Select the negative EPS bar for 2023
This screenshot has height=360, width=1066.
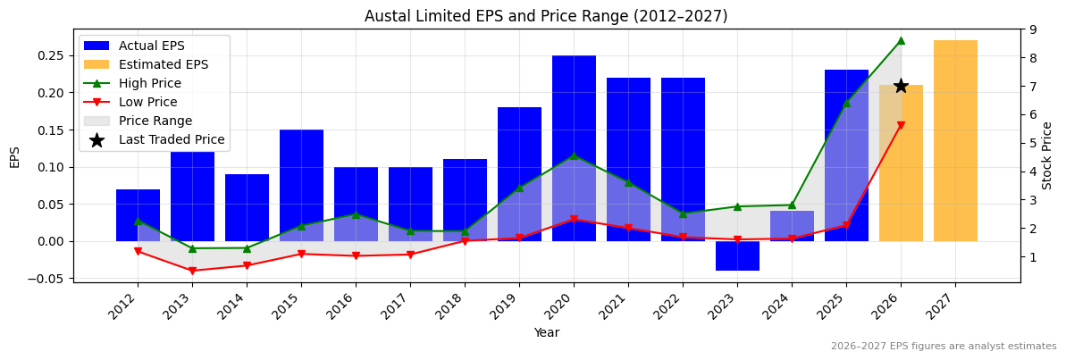coord(737,255)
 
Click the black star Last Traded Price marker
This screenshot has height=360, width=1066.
coord(901,86)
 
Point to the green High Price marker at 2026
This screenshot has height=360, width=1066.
coord(901,40)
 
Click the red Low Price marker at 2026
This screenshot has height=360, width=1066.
coord(901,126)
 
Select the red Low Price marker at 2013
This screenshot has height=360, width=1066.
coord(192,271)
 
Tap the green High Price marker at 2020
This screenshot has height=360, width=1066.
coord(574,156)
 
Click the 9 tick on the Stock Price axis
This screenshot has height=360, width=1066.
coord(1033,29)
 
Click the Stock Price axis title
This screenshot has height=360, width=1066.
coord(1047,155)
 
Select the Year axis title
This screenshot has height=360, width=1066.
coord(546,332)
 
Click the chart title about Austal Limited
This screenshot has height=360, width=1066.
coord(546,16)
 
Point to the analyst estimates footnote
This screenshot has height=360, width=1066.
coord(943,347)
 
